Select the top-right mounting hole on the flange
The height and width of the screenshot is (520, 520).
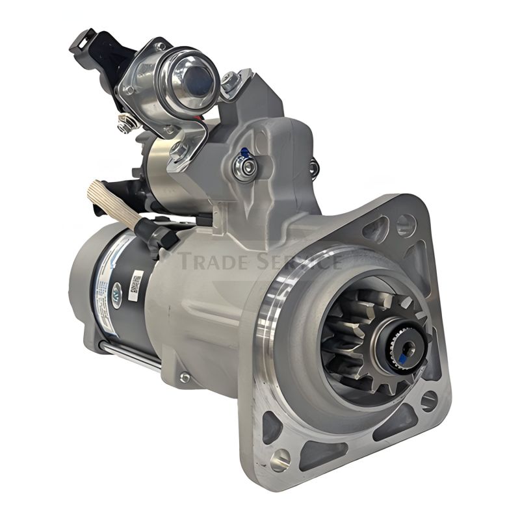tap(406, 225)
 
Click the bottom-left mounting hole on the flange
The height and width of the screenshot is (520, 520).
tap(279, 459)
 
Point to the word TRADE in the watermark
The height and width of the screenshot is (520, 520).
tap(214, 261)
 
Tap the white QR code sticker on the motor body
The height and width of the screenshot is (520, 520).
tap(136, 286)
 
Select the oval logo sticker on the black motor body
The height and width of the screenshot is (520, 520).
tap(117, 290)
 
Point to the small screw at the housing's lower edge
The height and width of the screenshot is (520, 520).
tap(185, 377)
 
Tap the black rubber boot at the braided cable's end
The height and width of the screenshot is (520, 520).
tap(156, 234)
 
